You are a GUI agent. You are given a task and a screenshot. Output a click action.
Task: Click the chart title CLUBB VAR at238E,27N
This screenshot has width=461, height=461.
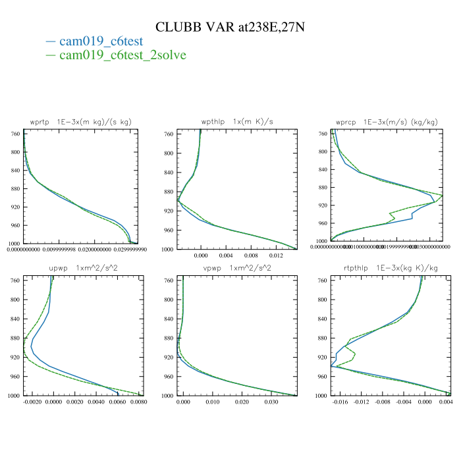[x=230, y=27]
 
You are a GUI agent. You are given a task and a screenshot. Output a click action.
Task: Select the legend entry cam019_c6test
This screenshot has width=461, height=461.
[x=100, y=41]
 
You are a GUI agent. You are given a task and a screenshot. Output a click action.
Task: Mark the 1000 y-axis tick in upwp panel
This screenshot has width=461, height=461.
[x=13, y=396]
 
